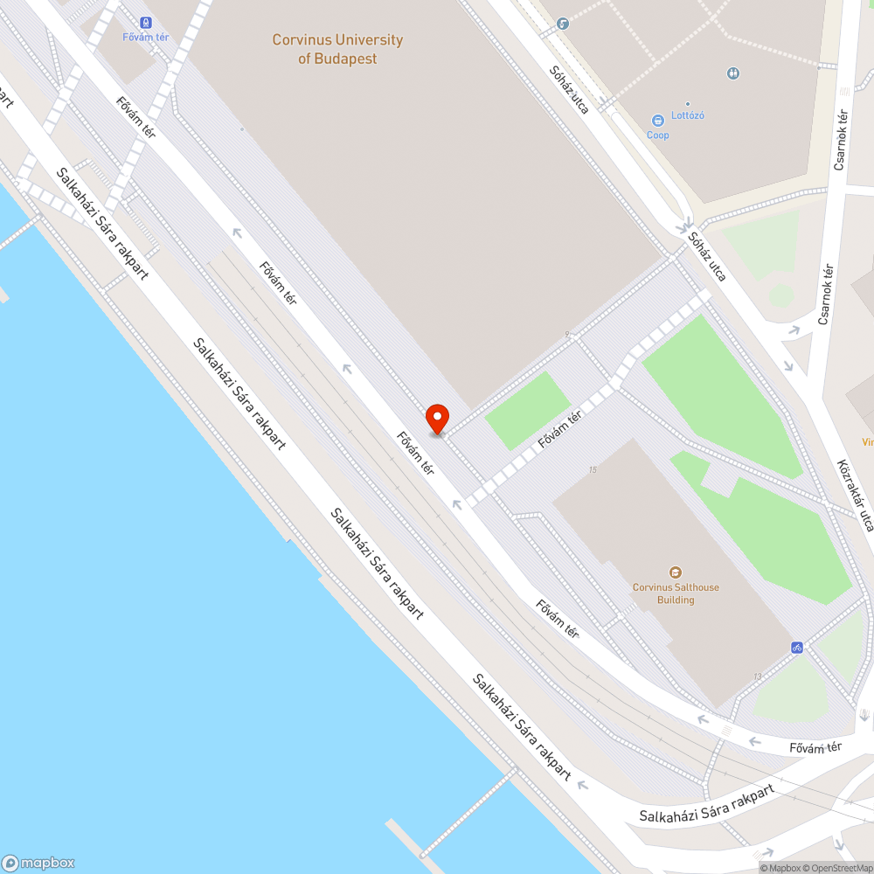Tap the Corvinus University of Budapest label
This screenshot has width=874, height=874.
[x=337, y=49]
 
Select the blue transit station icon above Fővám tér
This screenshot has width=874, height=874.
[x=146, y=23]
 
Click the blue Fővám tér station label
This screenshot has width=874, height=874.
[x=146, y=37]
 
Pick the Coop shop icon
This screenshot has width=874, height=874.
[x=657, y=120]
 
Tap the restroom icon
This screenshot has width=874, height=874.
[x=733, y=73]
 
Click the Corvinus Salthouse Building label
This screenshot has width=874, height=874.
[x=676, y=593]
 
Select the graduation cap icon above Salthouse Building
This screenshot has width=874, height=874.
[x=676, y=572]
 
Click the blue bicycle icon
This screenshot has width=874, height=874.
[x=796, y=648]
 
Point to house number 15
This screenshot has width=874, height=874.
[x=593, y=470]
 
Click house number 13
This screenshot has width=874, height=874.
[x=757, y=676]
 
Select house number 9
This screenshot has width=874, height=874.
[x=567, y=334]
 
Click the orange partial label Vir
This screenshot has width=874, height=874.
[x=867, y=442]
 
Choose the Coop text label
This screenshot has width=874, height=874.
[x=657, y=135]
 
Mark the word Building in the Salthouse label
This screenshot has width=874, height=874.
[x=676, y=600]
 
